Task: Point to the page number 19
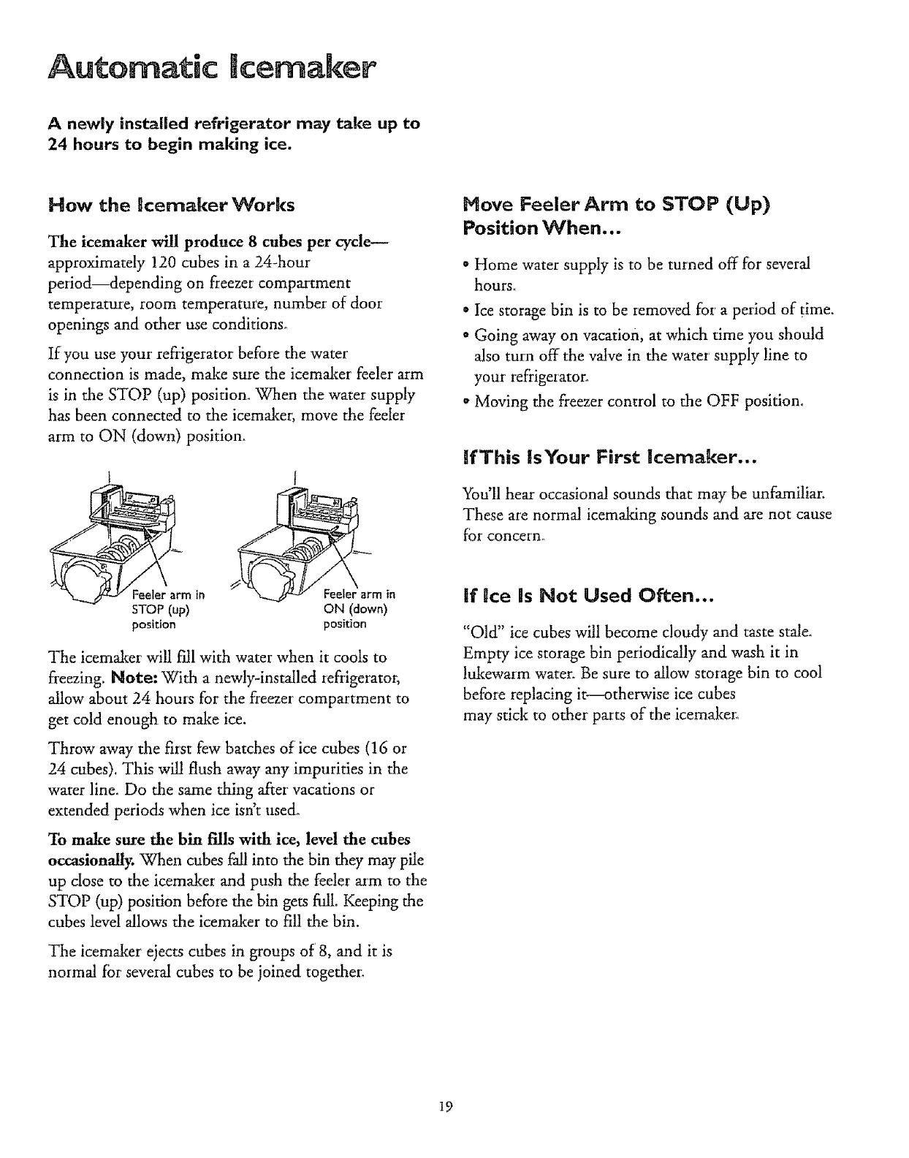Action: click(447, 1106)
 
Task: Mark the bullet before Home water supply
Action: click(468, 264)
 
